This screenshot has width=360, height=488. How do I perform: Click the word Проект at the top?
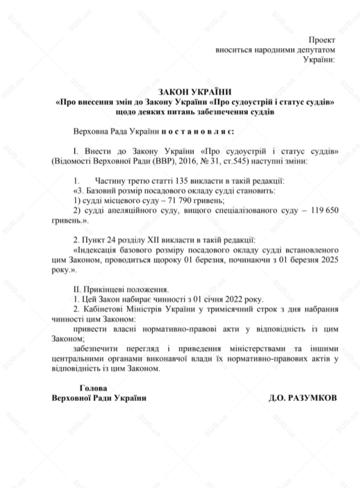coord(321,40)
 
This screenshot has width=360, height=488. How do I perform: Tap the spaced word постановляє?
coord(195,132)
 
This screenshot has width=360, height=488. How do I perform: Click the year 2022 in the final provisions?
coord(226,299)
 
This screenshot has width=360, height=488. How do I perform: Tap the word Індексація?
coord(101,249)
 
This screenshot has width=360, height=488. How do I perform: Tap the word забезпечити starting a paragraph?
coord(99,349)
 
